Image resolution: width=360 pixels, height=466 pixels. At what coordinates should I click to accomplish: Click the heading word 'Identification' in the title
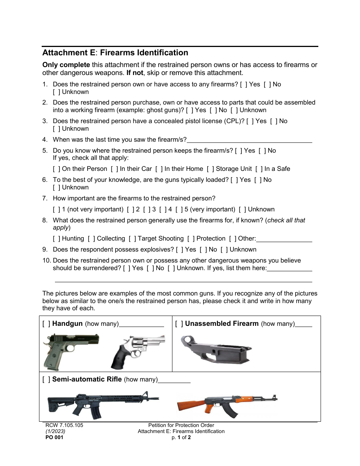[x=144, y=53]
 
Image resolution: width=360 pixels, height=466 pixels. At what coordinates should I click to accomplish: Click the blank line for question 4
[x=250, y=139]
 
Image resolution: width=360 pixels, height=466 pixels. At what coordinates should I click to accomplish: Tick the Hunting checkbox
[x=56, y=239]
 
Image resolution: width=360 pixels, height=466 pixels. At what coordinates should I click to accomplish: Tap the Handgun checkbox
[x=46, y=324]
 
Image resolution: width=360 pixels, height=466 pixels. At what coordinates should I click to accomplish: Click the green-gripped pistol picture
[x=71, y=350]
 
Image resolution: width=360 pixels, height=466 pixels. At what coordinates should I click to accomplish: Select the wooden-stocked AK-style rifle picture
[x=227, y=404]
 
